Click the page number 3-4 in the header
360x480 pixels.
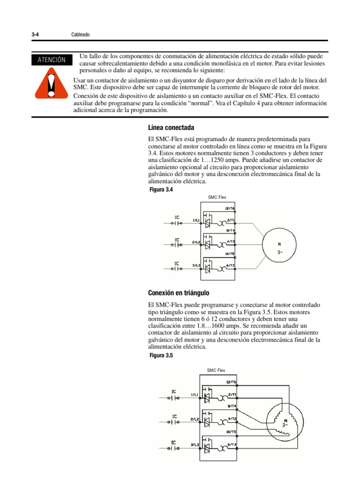[35, 35]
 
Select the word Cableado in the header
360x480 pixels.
[80, 35]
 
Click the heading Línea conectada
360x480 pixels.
[171, 127]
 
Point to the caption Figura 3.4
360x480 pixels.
[161, 190]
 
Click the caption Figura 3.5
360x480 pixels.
[161, 356]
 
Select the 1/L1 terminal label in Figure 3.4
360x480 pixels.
[196, 220]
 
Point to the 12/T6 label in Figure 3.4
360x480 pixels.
[230, 208]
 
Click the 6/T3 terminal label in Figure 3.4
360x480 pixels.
[230, 266]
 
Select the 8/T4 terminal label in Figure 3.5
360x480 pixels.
[232, 405]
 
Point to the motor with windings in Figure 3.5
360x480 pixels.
[284, 424]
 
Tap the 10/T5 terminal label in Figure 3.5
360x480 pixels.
[232, 431]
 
